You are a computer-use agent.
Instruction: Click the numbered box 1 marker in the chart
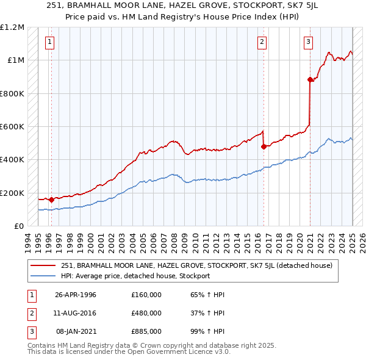49,42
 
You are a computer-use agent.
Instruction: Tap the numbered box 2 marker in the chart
261,42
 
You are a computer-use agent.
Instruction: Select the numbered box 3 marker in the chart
308,42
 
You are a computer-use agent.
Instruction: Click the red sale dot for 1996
51,200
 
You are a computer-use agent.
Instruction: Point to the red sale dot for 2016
264,146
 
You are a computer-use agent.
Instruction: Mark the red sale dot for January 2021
310,79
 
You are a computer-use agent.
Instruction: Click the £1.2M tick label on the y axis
12,27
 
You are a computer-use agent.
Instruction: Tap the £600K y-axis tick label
12,127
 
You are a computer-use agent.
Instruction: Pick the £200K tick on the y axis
12,193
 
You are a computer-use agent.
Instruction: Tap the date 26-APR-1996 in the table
76,295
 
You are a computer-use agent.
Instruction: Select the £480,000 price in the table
146,313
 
